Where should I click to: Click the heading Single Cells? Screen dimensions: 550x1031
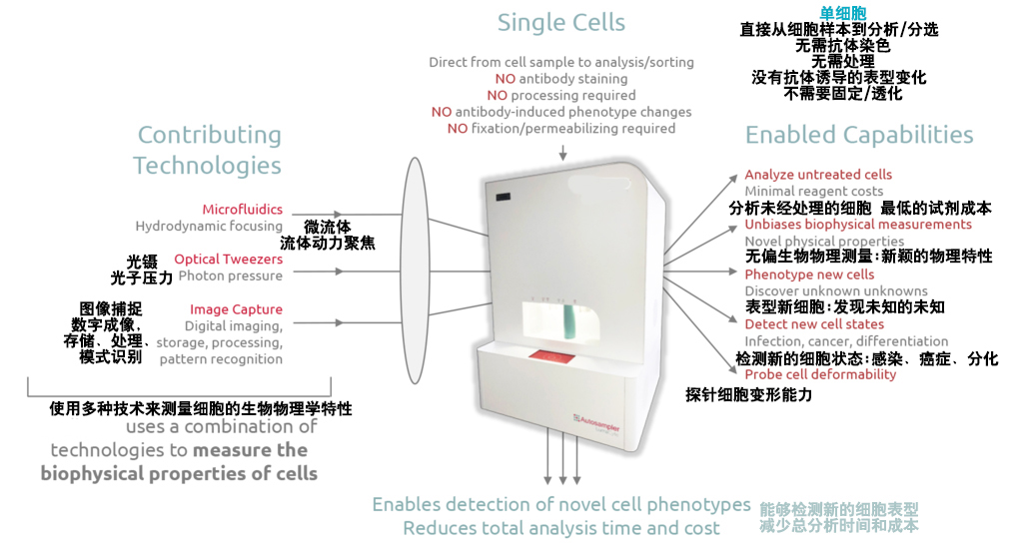pyautogui.click(x=560, y=23)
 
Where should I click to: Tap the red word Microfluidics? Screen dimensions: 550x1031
pyautogui.click(x=243, y=210)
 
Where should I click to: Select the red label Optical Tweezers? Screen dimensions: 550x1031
pyautogui.click(x=229, y=260)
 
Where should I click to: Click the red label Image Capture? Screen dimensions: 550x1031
pyautogui.click(x=237, y=309)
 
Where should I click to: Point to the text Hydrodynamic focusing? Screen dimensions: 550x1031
pyautogui.click(x=209, y=227)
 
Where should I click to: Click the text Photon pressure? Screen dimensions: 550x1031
pyautogui.click(x=231, y=276)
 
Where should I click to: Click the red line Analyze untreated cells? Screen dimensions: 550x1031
pyautogui.click(x=818, y=175)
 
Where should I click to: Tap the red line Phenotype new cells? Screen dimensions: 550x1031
pyautogui.click(x=809, y=275)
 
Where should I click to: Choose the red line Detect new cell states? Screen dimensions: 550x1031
pyautogui.click(x=814, y=324)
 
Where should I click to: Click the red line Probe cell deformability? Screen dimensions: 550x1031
pyautogui.click(x=820, y=374)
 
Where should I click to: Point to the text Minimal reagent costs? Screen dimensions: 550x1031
pyautogui.click(x=813, y=191)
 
